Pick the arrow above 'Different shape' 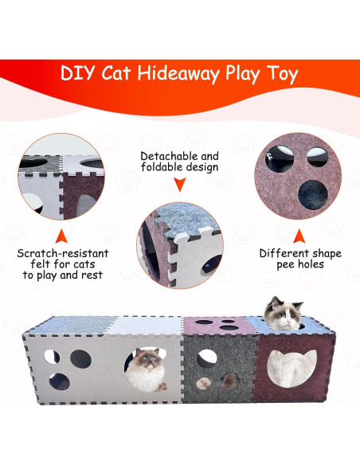coord(300,236)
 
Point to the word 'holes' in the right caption coord(310,265)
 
